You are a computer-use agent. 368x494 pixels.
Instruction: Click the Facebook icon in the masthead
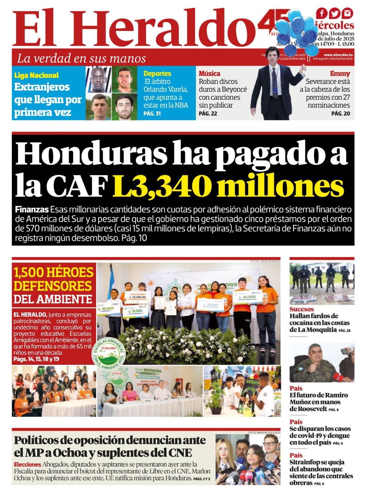(x=322, y=13)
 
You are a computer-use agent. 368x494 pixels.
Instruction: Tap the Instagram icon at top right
(x=347, y=13)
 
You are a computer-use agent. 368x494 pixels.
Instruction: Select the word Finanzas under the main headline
(x=32, y=210)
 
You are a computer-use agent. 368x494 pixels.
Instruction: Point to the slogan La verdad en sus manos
(x=81, y=58)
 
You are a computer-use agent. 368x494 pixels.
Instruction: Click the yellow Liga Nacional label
(x=36, y=75)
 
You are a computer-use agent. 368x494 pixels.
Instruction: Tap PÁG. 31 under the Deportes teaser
(x=152, y=114)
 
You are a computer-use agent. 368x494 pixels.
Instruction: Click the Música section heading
(x=209, y=73)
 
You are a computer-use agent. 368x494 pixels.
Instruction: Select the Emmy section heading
(x=340, y=73)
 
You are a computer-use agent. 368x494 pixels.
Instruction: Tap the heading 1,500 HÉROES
(x=53, y=272)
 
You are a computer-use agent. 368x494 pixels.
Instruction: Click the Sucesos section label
(x=301, y=309)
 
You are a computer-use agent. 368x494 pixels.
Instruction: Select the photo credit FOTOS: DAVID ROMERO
(x=265, y=261)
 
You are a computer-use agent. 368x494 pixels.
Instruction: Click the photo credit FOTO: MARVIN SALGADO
(x=264, y=432)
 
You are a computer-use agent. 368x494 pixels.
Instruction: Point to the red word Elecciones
(x=27, y=464)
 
